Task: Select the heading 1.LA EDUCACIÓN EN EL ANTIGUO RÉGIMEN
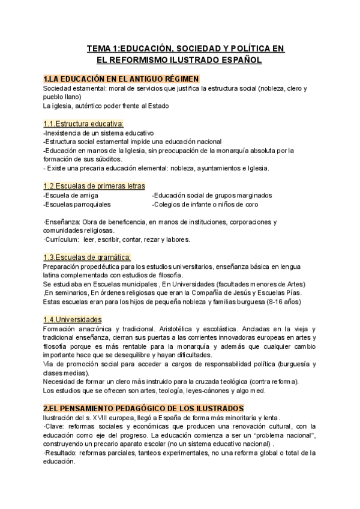coord(121,79)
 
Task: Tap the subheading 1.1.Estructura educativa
coord(83,124)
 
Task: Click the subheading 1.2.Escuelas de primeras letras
coord(94,186)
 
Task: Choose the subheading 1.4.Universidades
coord(73,320)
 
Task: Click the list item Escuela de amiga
coord(67,195)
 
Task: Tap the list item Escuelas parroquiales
coord(71,204)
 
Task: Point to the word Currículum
coord(62,239)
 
